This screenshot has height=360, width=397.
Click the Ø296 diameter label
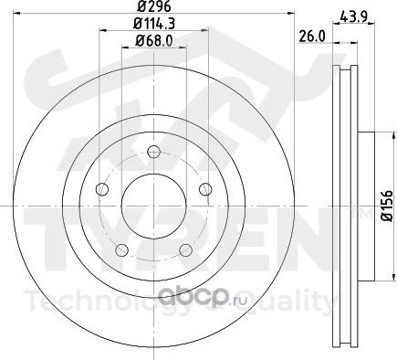tap(154, 6)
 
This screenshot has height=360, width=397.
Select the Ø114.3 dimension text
tap(154, 24)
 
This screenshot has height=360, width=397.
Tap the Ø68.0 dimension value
tap(154, 40)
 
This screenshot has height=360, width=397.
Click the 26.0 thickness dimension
tap(312, 37)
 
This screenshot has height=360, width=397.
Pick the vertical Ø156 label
tap(388, 206)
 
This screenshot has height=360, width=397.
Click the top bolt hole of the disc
tap(153, 152)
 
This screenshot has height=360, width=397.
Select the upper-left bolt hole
tap(102, 189)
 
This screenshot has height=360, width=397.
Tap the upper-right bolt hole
tap(205, 189)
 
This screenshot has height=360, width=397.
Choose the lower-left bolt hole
tap(122, 250)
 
